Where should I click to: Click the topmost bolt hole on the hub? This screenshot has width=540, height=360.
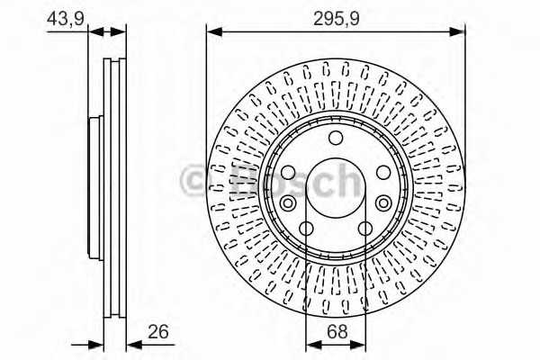point(336,138)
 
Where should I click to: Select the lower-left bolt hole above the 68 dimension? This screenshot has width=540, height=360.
point(307,228)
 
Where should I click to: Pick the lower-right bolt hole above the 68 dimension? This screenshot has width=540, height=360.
point(365,228)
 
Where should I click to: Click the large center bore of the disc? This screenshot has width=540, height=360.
point(336,185)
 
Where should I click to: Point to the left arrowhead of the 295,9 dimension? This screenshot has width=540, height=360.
point(213,31)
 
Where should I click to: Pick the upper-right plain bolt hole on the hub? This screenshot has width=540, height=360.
point(383,172)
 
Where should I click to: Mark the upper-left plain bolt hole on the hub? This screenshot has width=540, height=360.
point(288,172)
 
